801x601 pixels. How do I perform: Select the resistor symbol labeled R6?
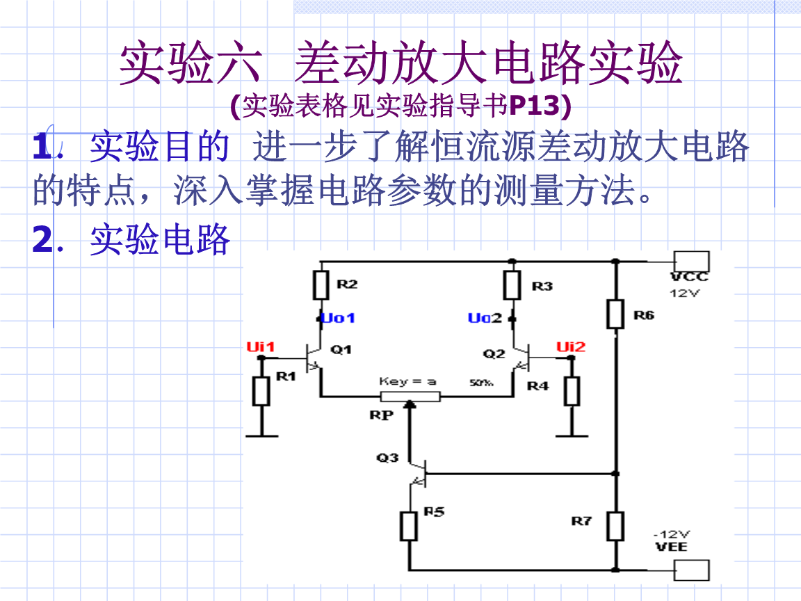(615, 314)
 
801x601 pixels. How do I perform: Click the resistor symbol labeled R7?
(615, 526)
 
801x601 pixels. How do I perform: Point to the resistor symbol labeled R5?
(409, 526)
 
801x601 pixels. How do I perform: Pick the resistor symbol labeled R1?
(261, 391)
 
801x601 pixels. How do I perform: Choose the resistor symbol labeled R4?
(572, 391)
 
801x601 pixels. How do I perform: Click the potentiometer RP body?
(410, 396)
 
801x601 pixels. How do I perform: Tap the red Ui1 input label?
(261, 346)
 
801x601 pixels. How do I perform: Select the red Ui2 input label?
(571, 346)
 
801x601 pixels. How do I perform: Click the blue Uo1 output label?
(339, 318)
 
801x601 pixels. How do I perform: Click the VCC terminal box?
(691, 262)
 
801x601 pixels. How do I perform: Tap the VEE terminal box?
(691, 570)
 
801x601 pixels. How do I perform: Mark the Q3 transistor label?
(387, 458)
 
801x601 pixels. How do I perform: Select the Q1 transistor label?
(341, 349)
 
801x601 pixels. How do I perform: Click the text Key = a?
(407, 381)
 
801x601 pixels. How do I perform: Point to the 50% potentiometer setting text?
(481, 382)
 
